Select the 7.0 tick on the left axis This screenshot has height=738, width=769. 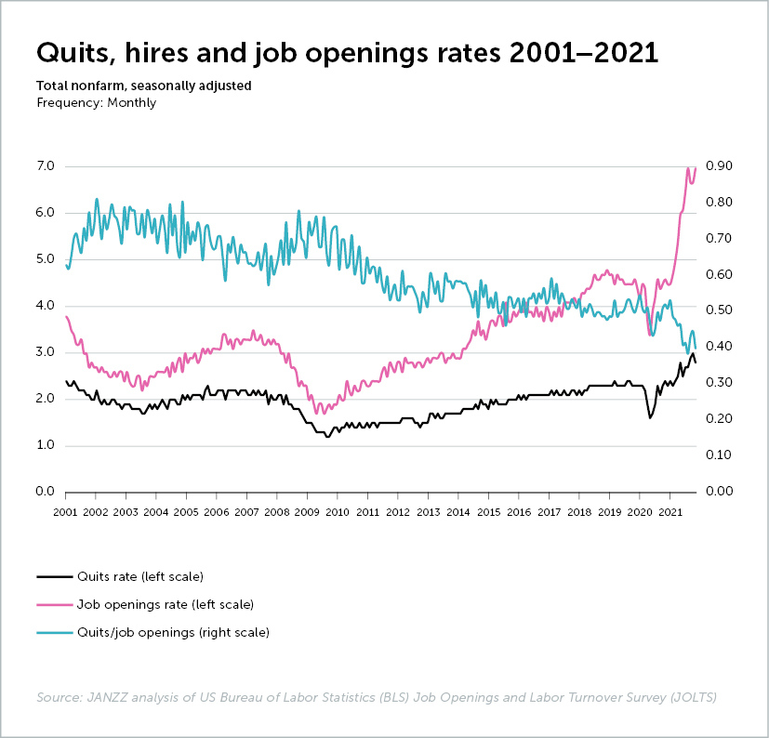46,166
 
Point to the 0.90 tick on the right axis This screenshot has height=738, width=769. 723,166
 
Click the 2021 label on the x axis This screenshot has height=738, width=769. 670,512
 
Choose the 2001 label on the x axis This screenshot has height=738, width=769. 65,512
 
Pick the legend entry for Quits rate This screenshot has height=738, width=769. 140,576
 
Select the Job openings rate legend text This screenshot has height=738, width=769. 166,604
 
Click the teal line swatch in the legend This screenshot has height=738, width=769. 54,633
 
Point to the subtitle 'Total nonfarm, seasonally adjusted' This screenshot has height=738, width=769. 144,86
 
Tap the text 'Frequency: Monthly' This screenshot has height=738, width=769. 97,102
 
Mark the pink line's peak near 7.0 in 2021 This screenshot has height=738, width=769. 688,168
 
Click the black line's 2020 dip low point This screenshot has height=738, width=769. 650,417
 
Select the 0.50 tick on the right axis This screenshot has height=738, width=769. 723,310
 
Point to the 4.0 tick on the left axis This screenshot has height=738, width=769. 46,306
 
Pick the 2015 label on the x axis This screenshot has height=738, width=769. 489,512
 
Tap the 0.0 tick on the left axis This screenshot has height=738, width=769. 46,492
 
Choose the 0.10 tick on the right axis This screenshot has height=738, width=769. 723,455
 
